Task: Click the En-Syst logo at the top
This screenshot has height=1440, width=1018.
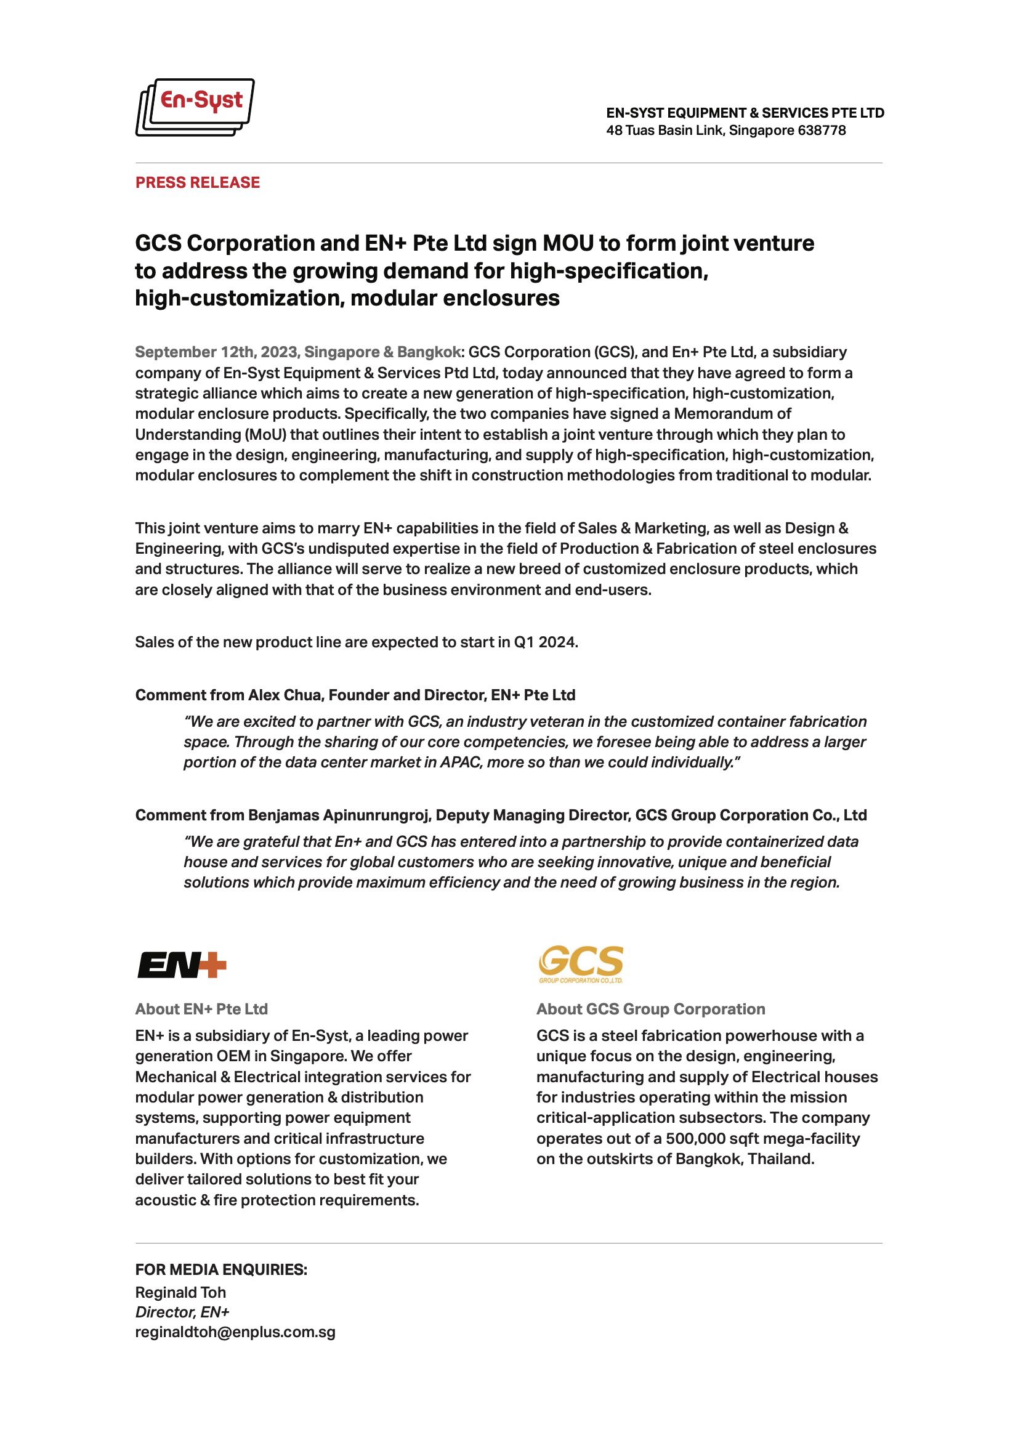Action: (x=195, y=107)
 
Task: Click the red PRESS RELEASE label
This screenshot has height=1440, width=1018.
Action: (x=198, y=182)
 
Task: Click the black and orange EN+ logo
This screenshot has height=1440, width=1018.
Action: (x=182, y=965)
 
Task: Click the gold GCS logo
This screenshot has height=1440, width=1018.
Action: (x=581, y=963)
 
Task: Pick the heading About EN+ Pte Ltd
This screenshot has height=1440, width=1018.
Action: (x=201, y=1009)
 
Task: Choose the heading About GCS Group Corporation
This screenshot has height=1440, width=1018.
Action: (x=650, y=1009)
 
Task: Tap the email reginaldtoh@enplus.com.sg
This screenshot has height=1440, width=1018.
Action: (x=235, y=1332)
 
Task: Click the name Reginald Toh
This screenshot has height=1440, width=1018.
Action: (x=180, y=1292)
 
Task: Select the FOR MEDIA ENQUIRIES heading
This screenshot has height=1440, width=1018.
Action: (x=221, y=1270)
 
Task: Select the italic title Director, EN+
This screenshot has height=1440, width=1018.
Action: (x=182, y=1312)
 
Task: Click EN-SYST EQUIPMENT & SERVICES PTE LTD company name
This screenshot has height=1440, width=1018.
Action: (x=745, y=113)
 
